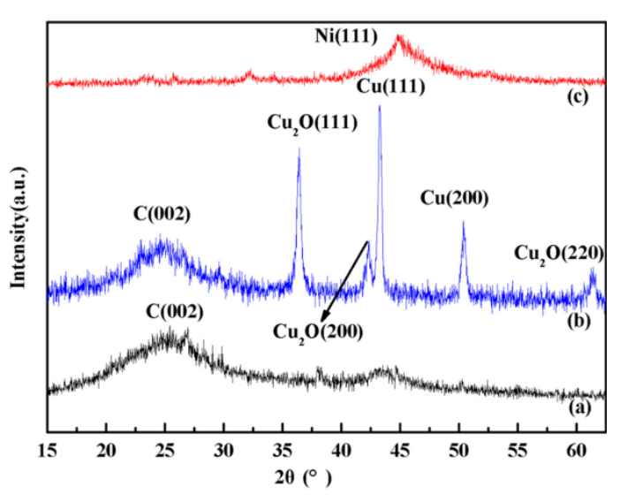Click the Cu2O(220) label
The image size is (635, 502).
pyautogui.click(x=558, y=255)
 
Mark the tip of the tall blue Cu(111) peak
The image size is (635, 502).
pyautogui.click(x=380, y=107)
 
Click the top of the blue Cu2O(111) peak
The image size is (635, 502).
pyautogui.click(x=299, y=149)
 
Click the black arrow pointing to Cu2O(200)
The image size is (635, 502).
pyautogui.click(x=344, y=283)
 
